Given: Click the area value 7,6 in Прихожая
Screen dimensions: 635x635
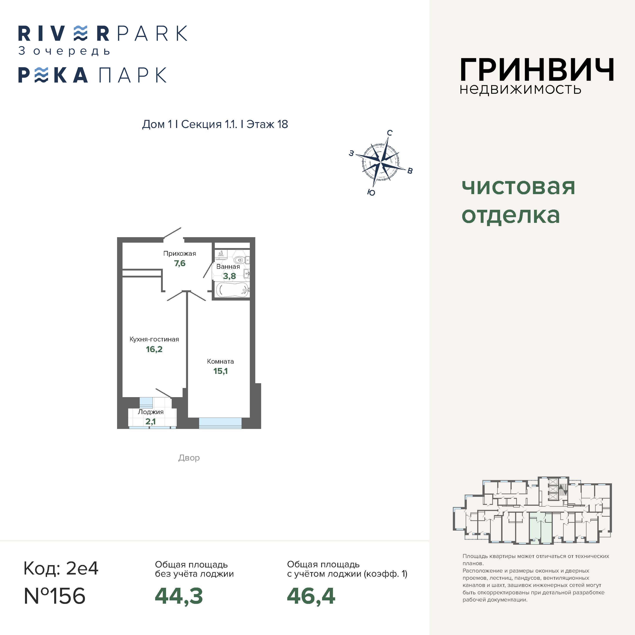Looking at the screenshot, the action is [180, 263].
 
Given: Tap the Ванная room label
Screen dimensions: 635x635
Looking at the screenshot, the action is [228, 267].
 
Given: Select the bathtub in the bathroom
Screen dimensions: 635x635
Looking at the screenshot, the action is [233, 290].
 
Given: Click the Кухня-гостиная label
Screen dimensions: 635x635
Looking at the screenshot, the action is [154, 339].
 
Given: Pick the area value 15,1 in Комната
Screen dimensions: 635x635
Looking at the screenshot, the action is [220, 371].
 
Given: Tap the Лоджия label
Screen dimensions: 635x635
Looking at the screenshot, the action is [151, 412].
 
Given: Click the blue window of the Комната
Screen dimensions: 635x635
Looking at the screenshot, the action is [220, 423].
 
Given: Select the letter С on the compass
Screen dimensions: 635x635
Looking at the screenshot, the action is [390, 133].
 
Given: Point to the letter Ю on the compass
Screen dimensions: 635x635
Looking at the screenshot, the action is [371, 193].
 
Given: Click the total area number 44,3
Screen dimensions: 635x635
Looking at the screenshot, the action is [179, 596].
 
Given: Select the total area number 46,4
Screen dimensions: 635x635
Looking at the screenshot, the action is [311, 596].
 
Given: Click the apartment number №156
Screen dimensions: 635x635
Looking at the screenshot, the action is [55, 596].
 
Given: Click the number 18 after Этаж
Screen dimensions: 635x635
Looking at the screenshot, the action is [283, 124].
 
